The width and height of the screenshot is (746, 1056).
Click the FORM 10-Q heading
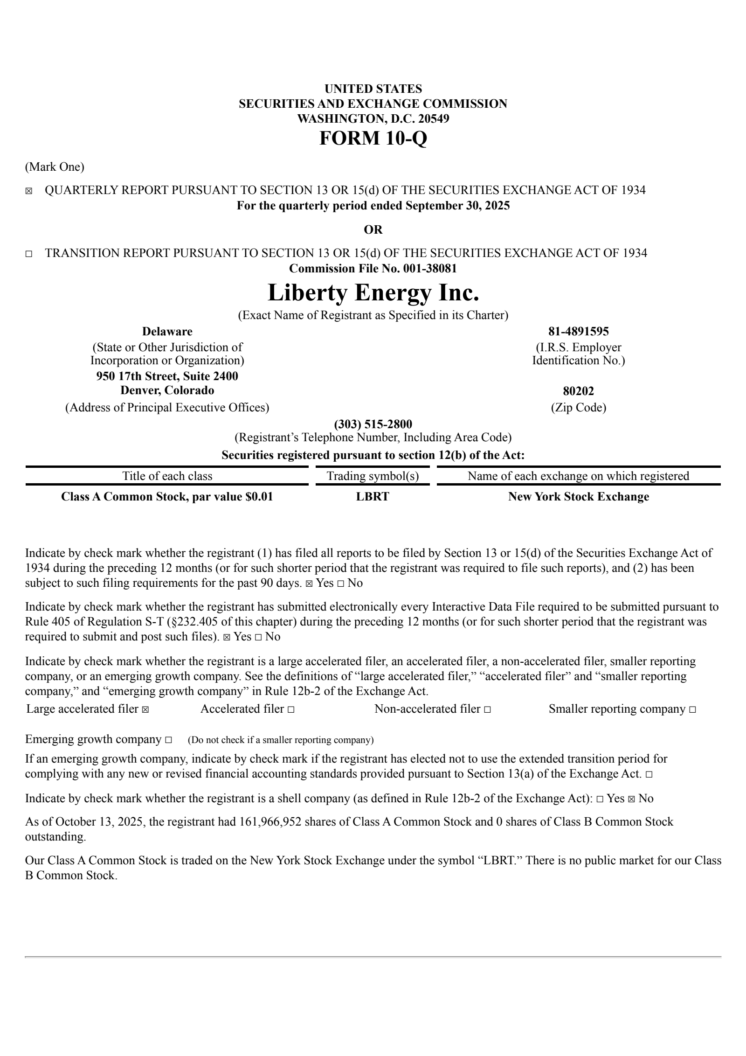tap(373, 138)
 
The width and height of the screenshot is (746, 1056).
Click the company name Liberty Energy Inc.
tap(373, 293)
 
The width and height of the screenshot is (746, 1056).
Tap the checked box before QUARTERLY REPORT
tap(29, 191)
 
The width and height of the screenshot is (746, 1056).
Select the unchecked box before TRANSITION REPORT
tap(29, 254)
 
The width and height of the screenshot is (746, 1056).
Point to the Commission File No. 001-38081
tap(373, 268)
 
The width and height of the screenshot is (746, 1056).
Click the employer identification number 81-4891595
tap(578, 332)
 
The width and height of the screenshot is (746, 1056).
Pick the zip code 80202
tap(578, 391)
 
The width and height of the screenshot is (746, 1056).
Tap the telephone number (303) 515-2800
tap(373, 424)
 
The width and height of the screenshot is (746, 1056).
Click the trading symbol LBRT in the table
tap(373, 497)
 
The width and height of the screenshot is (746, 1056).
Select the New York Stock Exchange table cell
tap(578, 497)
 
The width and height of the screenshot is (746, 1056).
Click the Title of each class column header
tap(167, 476)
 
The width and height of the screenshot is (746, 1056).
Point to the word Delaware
tap(167, 332)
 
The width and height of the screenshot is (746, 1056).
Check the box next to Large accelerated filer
tap(145, 709)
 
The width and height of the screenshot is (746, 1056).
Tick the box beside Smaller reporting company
tap(692, 709)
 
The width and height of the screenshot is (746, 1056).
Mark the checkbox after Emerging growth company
tap(168, 740)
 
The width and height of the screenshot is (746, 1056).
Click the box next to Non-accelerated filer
tap(488, 709)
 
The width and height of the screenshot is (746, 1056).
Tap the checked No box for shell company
tap(632, 799)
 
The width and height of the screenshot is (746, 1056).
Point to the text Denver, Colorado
tap(167, 390)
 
